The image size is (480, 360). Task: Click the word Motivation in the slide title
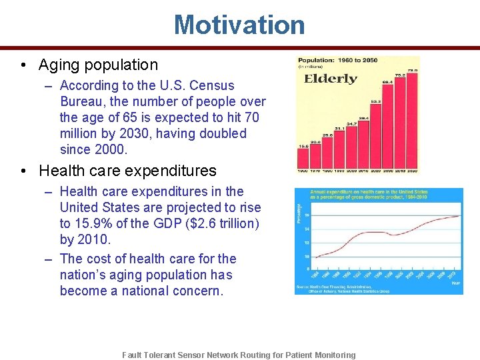239,25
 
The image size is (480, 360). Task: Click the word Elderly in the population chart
331,79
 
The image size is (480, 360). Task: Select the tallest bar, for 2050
413,120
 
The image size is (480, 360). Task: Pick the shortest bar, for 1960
303,158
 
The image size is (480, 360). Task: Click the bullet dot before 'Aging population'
23,65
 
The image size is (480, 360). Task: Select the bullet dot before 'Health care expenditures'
23,171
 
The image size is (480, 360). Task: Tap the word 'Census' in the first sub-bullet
212,85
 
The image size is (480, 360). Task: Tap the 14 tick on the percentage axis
306,229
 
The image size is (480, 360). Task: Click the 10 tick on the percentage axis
306,257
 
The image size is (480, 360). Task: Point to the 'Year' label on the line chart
455,283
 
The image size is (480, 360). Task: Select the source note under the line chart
340,289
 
